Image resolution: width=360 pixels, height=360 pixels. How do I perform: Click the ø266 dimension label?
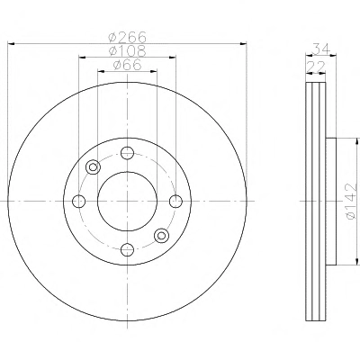pos(128,37)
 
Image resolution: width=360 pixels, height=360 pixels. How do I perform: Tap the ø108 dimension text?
pos(128,50)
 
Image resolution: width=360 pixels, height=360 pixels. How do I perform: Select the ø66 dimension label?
pos(127,65)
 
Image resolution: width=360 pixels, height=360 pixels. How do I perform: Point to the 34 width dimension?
pos(321,49)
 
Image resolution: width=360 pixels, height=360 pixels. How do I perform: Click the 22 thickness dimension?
pos(315,67)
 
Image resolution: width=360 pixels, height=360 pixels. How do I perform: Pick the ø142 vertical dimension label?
pos(351,202)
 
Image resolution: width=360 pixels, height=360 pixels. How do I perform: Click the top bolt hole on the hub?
pos(127,153)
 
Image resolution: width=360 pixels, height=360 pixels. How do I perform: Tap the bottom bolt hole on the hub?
pos(127,249)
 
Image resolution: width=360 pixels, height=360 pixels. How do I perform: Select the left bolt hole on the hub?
pos(79,202)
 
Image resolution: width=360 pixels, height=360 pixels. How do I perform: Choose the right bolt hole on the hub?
pos(175,202)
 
